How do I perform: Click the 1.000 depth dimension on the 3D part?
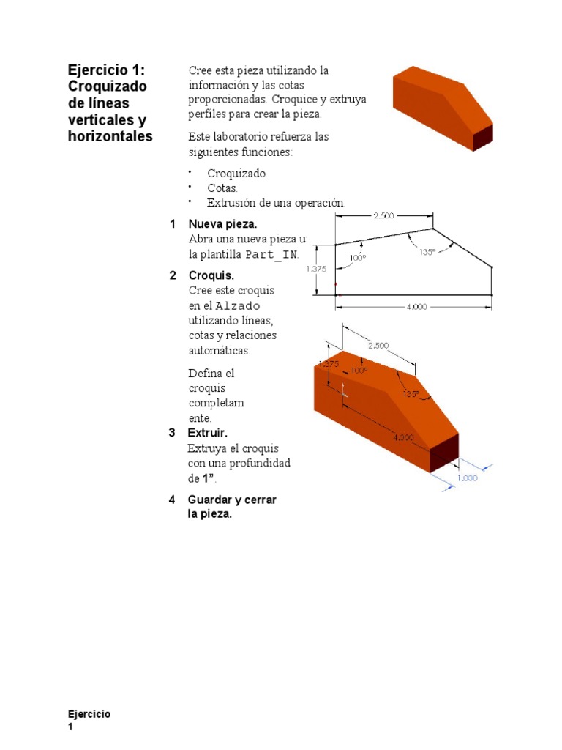(x=467, y=478)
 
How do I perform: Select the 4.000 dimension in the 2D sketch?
(x=416, y=307)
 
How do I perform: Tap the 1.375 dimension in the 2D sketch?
(x=316, y=269)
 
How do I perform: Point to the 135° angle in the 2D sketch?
(x=428, y=251)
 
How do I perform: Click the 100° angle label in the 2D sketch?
(x=358, y=257)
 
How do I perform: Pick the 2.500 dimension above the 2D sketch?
(x=383, y=215)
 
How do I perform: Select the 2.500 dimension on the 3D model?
(x=378, y=345)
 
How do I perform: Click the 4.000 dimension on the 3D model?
(x=403, y=437)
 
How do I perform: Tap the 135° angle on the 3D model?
(x=411, y=393)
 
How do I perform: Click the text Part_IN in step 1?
(x=271, y=254)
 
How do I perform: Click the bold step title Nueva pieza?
(x=222, y=223)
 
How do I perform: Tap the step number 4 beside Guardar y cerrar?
(x=172, y=500)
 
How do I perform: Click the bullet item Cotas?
(x=222, y=188)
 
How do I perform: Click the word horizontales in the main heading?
(x=110, y=136)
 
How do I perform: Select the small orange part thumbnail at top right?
(x=442, y=106)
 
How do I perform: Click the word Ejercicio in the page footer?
(x=89, y=714)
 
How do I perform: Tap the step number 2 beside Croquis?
(x=172, y=275)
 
